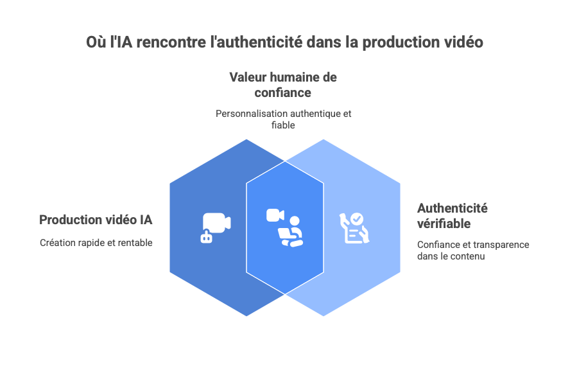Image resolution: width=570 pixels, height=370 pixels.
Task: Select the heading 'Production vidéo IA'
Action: (x=96, y=220)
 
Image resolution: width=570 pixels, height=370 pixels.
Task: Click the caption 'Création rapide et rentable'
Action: (x=96, y=243)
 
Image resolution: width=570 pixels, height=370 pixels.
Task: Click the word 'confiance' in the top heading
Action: (x=284, y=93)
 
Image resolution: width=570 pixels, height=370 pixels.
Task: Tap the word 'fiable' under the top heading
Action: (x=284, y=125)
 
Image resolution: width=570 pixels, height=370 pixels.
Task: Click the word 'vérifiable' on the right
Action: (x=444, y=224)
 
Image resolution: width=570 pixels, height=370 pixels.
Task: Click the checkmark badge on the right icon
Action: (x=356, y=218)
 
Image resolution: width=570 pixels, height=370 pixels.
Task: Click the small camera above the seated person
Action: (x=275, y=215)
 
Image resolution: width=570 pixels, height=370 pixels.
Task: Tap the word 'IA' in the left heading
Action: (x=146, y=220)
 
